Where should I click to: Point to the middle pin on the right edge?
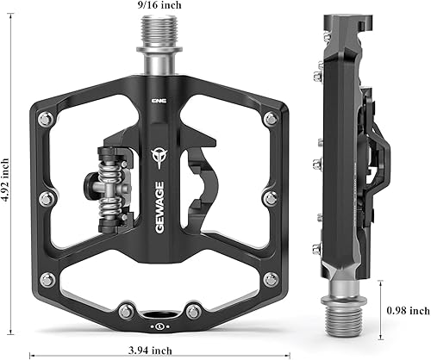271,198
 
